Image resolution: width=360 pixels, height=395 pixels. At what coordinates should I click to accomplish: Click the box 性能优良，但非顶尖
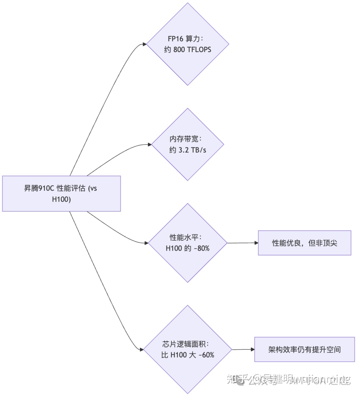coord(304,243)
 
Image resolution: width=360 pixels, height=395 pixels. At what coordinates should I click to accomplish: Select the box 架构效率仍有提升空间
coord(304,350)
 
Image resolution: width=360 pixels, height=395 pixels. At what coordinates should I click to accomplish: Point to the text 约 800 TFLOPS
coord(188,50)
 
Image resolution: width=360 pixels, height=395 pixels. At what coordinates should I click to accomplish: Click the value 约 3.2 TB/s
coord(188,150)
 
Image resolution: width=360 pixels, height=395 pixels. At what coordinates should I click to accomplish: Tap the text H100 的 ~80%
coord(188,248)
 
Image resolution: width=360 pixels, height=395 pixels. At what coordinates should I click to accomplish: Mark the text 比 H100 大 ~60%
coord(188,355)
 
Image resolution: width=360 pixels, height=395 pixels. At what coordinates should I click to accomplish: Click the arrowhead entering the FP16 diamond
coord(145,44)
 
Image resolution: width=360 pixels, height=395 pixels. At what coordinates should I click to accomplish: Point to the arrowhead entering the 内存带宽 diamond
coord(149,144)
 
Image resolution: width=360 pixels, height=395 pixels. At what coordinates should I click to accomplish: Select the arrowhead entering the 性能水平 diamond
coord(146,243)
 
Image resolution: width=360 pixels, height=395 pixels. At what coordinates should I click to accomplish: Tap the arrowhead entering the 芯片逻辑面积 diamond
coord(141,350)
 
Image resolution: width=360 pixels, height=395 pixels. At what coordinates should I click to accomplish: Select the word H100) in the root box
coord(61,199)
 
